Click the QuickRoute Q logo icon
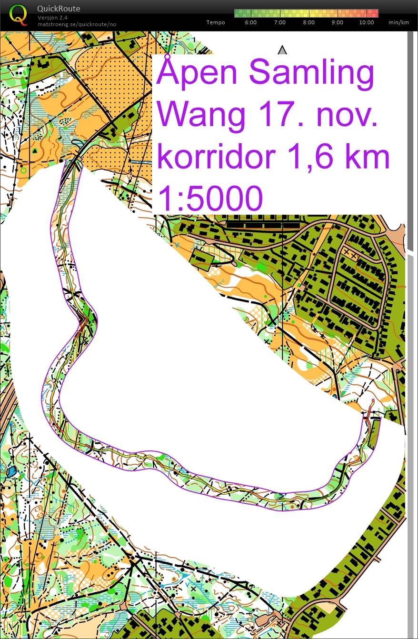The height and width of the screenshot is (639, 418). [18, 14]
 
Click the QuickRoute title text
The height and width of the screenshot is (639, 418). [59, 9]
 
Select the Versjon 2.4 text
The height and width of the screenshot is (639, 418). [52, 18]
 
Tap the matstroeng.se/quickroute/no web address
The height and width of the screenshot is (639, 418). [77, 24]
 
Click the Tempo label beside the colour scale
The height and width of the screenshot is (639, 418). [216, 22]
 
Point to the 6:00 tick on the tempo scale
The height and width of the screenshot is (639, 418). [251, 22]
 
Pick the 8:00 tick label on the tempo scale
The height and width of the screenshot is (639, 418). [309, 22]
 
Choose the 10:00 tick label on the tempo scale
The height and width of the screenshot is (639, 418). [366, 22]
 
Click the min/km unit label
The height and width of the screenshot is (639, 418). [398, 22]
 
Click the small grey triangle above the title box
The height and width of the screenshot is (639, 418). [282, 50]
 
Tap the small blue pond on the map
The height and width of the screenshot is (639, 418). [11, 472]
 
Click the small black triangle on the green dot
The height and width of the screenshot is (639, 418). [35, 150]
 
